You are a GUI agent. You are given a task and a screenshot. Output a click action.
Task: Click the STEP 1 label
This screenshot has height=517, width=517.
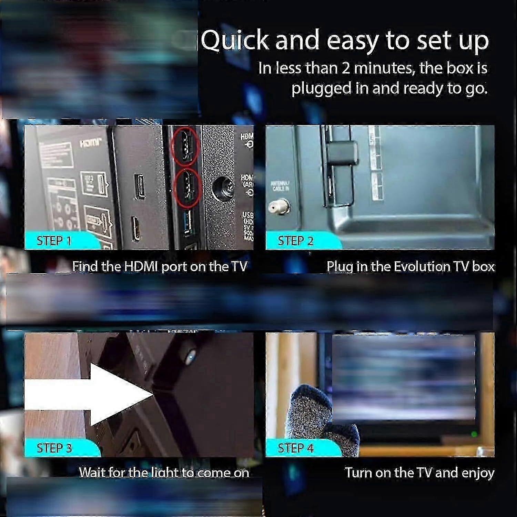[54, 241]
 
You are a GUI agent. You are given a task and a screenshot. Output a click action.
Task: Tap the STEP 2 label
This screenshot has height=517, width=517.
[295, 241]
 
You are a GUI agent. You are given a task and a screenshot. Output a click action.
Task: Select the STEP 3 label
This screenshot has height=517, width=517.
[54, 448]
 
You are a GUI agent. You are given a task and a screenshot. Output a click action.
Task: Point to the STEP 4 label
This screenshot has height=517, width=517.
[295, 448]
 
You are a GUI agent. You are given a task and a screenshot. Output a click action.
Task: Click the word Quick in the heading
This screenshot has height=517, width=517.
[234, 41]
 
